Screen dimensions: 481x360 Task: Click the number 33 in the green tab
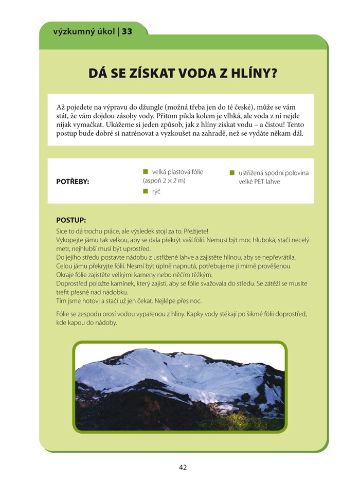(128, 31)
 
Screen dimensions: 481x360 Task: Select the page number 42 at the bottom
(183, 467)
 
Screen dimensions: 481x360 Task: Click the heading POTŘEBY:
(73, 182)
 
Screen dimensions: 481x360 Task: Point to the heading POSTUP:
(71, 220)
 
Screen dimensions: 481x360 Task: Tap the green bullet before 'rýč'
(146, 191)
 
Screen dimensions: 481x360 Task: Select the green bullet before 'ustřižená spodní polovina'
(232, 173)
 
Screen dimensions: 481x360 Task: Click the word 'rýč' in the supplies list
(156, 191)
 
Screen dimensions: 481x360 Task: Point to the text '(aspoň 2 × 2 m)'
(164, 181)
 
